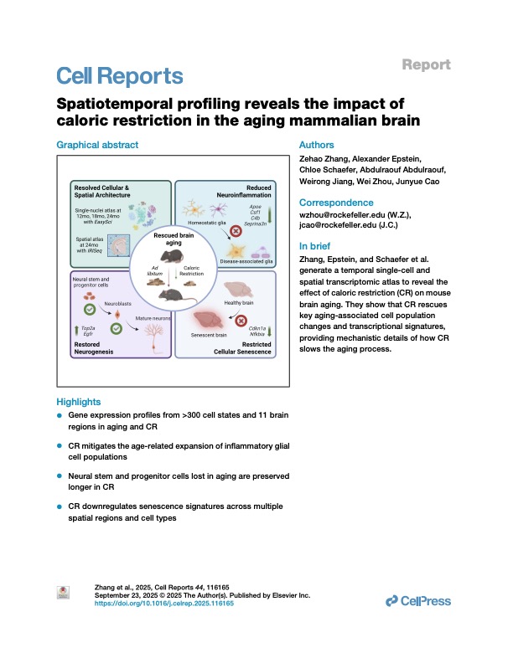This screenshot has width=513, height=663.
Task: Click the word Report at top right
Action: click(x=427, y=64)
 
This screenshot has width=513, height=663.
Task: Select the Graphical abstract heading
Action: click(x=97, y=145)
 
